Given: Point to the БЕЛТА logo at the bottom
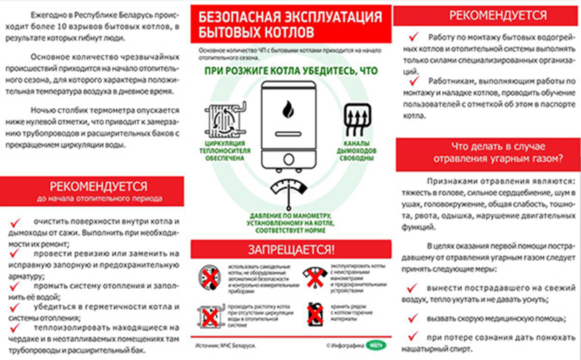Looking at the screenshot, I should pyautogui.click(x=376, y=345).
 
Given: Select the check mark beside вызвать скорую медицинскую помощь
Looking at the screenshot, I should pyautogui.click(x=413, y=318).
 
